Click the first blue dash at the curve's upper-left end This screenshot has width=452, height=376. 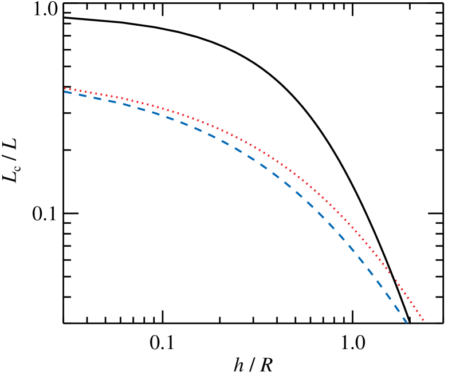click(x=68, y=92)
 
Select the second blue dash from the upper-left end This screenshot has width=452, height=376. click(x=82, y=95)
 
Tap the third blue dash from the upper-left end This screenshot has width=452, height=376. click(x=97, y=98)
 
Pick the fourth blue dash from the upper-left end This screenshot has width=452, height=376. click(x=112, y=101)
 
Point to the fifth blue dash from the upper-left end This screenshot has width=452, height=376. click(x=127, y=105)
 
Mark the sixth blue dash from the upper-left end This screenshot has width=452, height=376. click(x=141, y=109)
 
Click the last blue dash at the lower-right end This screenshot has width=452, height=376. click(x=405, y=320)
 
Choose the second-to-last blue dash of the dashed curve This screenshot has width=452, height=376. click(x=397, y=308)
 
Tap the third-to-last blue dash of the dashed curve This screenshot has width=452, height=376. click(x=388, y=296)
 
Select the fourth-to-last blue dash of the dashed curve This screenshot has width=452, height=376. click(x=379, y=283)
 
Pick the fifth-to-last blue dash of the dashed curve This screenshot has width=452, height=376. click(x=370, y=271)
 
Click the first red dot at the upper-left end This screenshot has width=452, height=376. click(x=65, y=88)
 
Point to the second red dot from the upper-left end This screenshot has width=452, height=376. click(x=70, y=89)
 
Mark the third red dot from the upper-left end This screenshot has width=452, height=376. click(x=75, y=90)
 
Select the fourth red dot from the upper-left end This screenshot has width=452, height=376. click(x=80, y=90)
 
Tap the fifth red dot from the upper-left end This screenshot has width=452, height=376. click(x=85, y=92)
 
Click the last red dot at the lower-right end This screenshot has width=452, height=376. click(x=423, y=319)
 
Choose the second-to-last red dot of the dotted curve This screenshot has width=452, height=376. click(x=420, y=315)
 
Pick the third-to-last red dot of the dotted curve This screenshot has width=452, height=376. click(x=417, y=311)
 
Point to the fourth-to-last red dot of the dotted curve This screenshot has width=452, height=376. click(x=414, y=306)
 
